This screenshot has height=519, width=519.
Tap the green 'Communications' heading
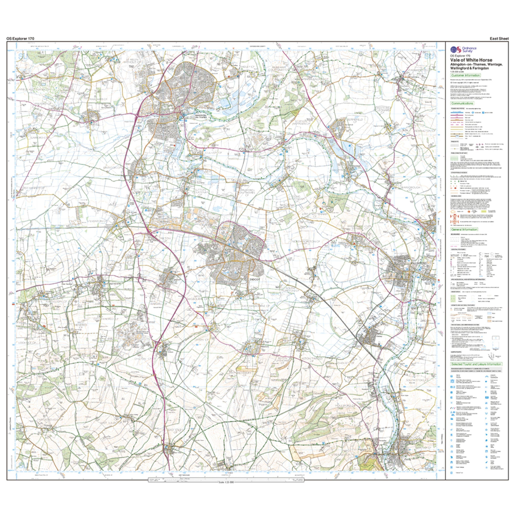tap(462, 103)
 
